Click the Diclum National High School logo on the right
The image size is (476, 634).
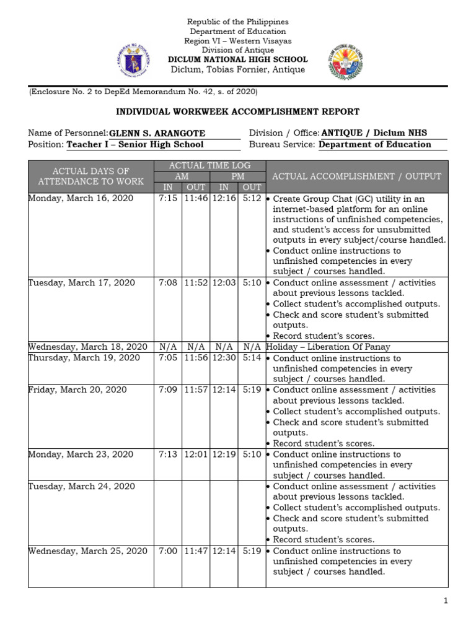click(x=346, y=63)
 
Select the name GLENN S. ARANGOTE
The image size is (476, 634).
click(x=157, y=134)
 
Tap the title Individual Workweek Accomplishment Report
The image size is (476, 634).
click(x=238, y=112)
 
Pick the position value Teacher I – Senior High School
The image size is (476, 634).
click(x=134, y=145)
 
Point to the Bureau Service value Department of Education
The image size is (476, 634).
click(x=374, y=145)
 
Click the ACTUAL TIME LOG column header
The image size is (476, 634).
click(x=209, y=165)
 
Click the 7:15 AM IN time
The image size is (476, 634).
click(x=168, y=199)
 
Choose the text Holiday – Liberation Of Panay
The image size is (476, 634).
click(x=328, y=347)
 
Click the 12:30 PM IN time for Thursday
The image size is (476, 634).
click(x=224, y=358)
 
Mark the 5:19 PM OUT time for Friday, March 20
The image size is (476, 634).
click(x=252, y=390)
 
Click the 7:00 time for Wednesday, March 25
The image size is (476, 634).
click(x=168, y=551)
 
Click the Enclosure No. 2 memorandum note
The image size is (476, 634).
click(x=144, y=92)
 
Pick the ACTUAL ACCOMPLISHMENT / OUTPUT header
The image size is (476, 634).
click(x=356, y=176)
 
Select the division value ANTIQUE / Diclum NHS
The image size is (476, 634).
click(x=374, y=134)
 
